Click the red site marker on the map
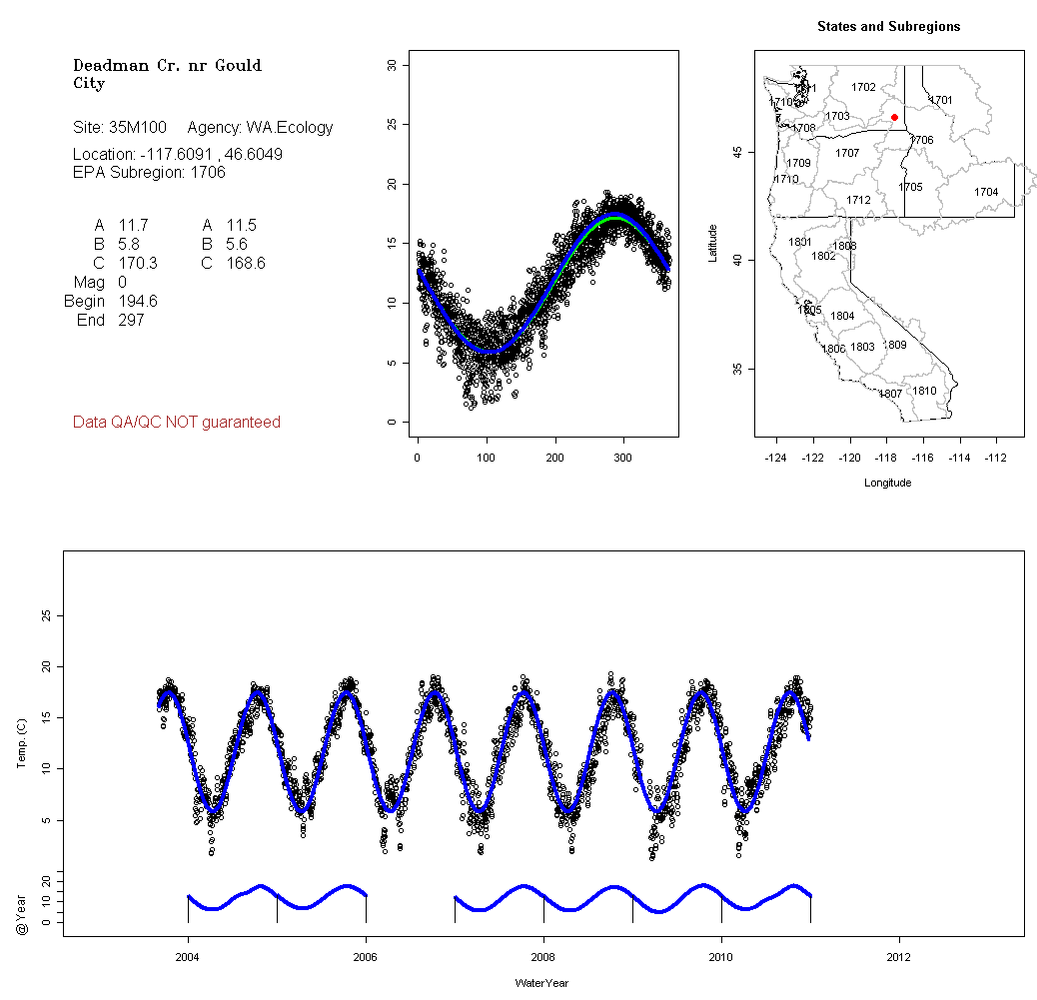(894, 118)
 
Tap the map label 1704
(986, 192)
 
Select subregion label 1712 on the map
(858, 201)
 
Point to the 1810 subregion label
(925, 391)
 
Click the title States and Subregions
(888, 27)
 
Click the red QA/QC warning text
(177, 423)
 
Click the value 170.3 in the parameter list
(138, 263)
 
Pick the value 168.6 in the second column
(246, 263)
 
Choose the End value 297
(131, 320)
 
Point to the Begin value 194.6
(138, 301)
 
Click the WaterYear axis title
(541, 983)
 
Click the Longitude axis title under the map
(887, 483)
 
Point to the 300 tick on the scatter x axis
(623, 458)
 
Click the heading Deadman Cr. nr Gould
(168, 66)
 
